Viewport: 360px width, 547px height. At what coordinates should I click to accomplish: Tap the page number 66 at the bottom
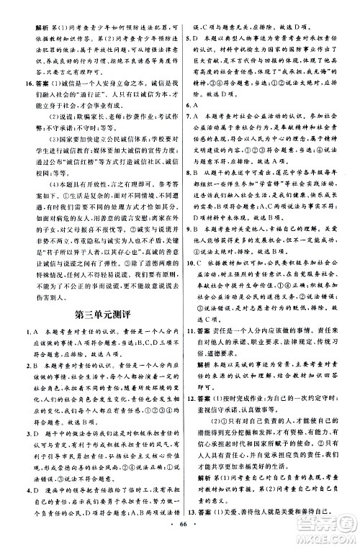click(179, 535)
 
